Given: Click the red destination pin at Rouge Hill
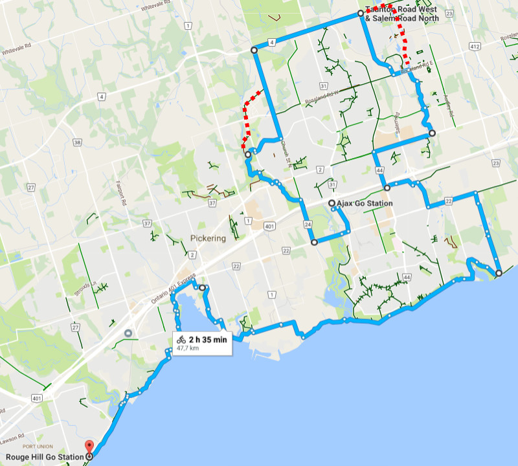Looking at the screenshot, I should coord(89,447).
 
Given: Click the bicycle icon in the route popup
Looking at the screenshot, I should coord(181,339).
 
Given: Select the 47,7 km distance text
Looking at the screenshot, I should coord(187,348).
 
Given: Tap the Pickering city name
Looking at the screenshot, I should coord(208,238).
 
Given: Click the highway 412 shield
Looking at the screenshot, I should coord(475,47).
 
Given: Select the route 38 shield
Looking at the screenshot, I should coord(78,142).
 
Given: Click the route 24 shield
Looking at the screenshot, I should coord(308,224).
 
